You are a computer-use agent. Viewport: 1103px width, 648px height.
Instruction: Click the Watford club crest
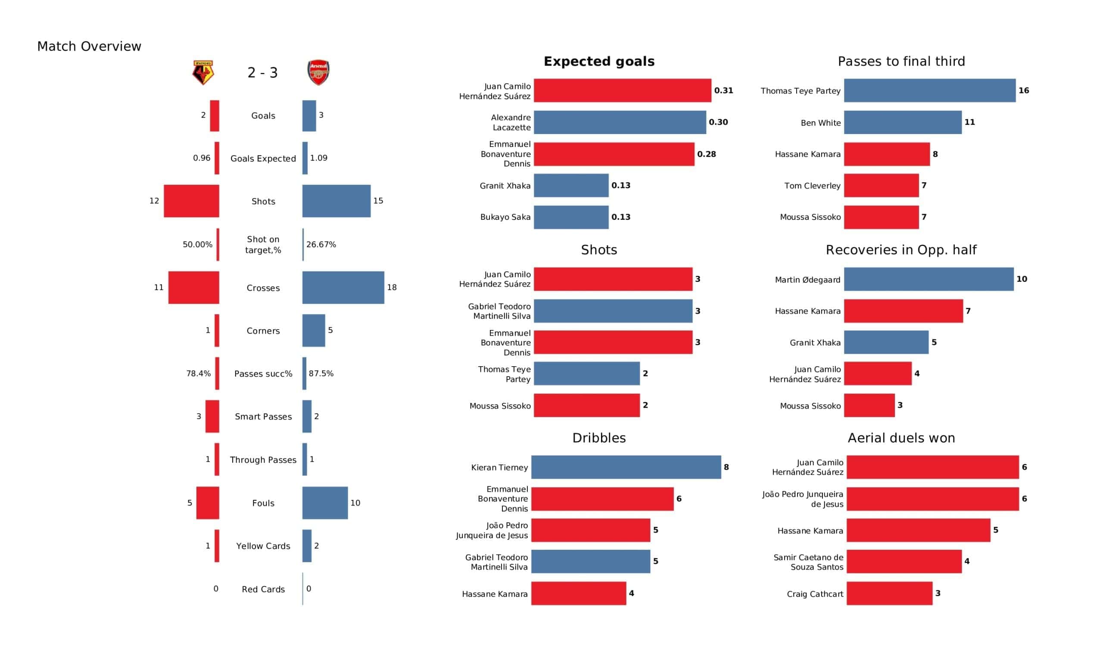point(203,73)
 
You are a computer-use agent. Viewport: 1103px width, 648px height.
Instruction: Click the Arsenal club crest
point(318,73)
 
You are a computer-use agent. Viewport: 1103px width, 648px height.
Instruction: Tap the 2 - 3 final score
point(262,73)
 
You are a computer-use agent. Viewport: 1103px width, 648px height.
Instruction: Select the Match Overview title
point(89,47)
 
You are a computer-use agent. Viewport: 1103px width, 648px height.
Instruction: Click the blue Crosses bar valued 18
point(343,288)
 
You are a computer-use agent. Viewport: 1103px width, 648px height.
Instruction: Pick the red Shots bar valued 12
point(191,201)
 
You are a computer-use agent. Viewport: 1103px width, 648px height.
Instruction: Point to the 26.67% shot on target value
point(321,245)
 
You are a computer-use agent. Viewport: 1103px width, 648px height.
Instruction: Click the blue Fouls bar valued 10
point(325,503)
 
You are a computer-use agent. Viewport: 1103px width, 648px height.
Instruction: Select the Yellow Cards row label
point(263,546)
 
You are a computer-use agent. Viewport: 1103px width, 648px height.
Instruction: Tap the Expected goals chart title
point(599,62)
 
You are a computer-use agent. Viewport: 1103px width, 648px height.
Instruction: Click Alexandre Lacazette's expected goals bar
point(620,122)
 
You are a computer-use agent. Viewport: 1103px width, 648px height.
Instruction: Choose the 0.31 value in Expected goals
point(723,90)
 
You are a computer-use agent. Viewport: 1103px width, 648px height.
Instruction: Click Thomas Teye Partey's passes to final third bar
point(930,90)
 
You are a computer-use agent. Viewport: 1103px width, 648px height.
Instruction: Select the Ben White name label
point(821,123)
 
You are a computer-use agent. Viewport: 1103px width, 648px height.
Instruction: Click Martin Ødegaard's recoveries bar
point(929,279)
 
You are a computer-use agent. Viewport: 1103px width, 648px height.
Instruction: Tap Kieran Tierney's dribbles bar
point(626,467)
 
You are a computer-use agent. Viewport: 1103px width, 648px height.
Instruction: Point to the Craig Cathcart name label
point(815,594)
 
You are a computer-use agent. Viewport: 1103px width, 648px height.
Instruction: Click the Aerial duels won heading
point(901,438)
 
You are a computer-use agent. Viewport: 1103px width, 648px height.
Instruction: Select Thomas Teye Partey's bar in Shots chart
point(586,374)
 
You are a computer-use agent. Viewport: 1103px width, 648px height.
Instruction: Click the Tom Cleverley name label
point(812,186)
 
